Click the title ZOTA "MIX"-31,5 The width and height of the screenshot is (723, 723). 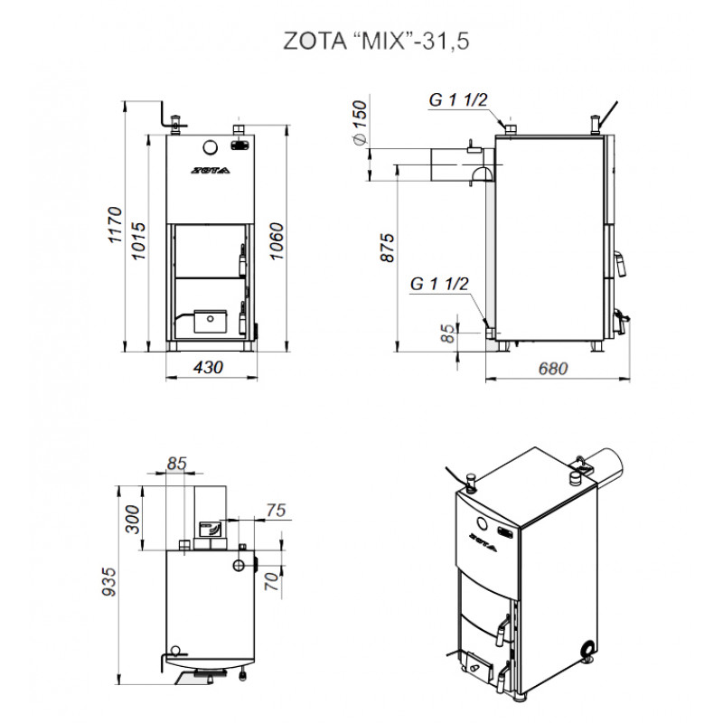(x=376, y=41)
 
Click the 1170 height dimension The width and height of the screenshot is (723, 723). (x=115, y=225)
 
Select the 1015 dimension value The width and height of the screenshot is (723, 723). (x=138, y=240)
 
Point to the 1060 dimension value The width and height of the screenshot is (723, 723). (x=277, y=240)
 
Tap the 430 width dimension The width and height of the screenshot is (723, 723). (x=209, y=368)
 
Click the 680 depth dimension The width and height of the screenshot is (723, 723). (x=552, y=369)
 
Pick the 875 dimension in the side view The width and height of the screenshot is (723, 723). (x=388, y=248)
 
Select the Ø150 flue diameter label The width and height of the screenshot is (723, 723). (x=359, y=122)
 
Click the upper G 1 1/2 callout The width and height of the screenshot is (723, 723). (x=458, y=99)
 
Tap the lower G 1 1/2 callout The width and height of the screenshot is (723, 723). (x=439, y=284)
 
